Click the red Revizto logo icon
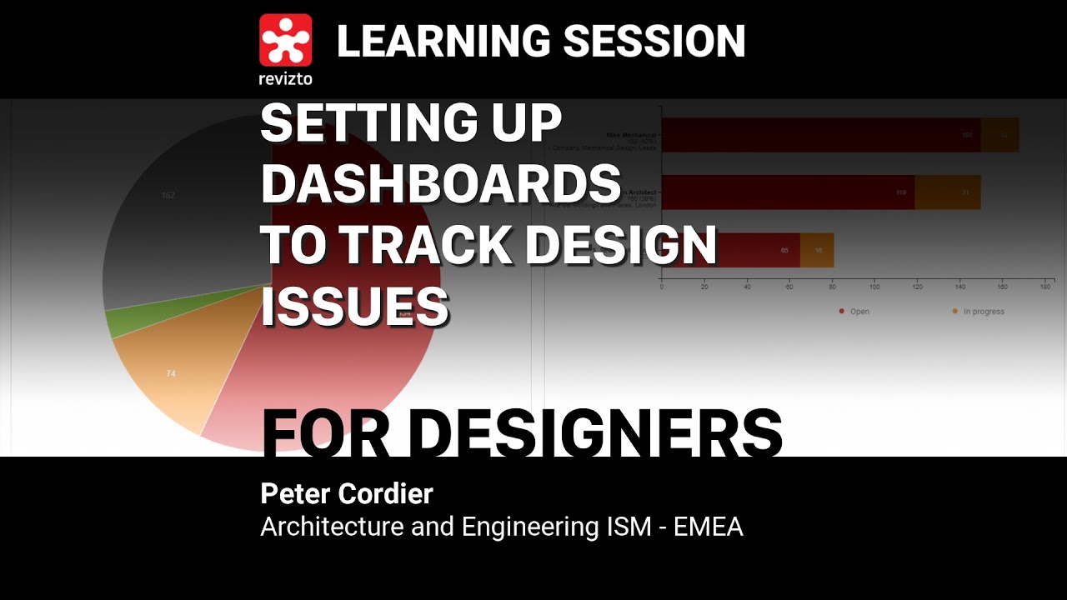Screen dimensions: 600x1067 pos(285,39)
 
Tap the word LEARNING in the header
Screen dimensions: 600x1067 pos(442,41)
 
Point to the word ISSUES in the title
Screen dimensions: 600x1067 pos(355,306)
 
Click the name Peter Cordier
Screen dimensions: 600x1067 pos(347,493)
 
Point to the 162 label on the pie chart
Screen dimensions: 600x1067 pos(168,196)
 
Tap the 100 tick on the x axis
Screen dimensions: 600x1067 pos(874,287)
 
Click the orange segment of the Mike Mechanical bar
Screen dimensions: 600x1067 pos(999,135)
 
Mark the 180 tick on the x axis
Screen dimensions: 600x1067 pos(1044,287)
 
